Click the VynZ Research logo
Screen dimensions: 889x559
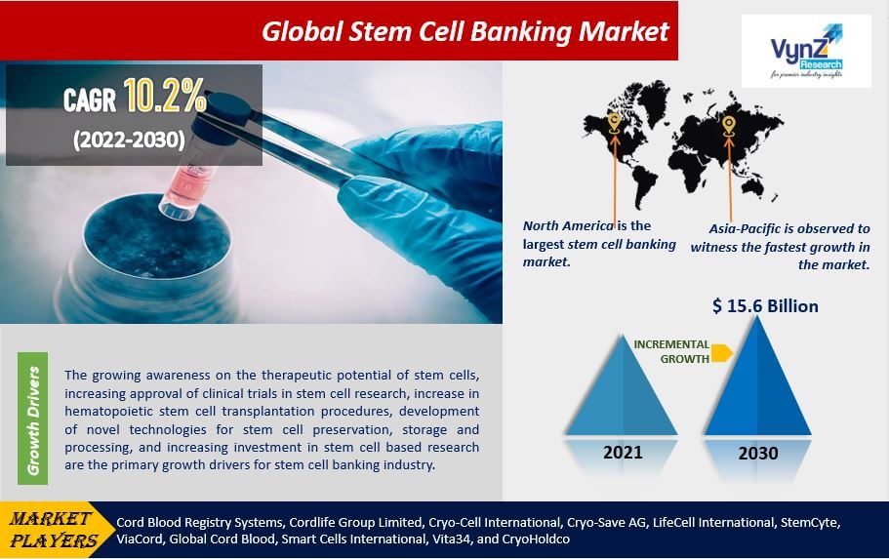(x=806, y=51)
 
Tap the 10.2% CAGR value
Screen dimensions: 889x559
(x=164, y=96)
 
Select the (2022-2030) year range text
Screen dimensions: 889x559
(x=129, y=140)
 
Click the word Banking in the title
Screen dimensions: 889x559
(x=521, y=32)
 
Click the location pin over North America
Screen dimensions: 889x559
(x=614, y=123)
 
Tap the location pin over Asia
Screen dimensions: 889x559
(x=729, y=126)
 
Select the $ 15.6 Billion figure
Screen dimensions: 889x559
(x=765, y=306)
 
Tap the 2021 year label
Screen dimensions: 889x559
(x=623, y=453)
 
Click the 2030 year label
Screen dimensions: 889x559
(x=758, y=454)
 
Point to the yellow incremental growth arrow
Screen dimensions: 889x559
(x=722, y=352)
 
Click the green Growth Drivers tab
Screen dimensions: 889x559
(x=33, y=419)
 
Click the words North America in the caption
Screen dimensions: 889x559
(x=568, y=225)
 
